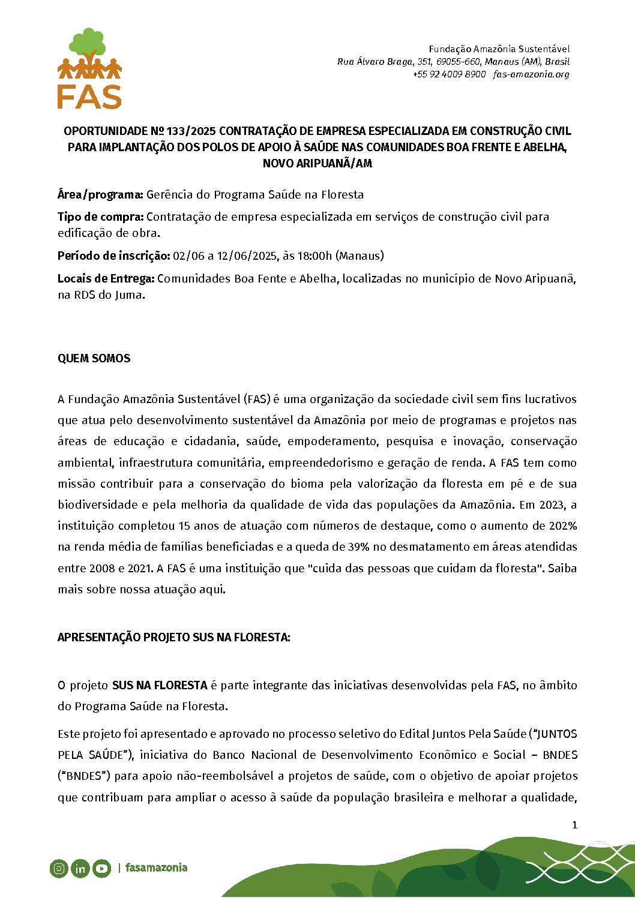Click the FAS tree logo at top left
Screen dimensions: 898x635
[89, 68]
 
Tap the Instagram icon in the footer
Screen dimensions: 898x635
[59, 868]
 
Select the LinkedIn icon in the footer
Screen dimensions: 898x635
[80, 868]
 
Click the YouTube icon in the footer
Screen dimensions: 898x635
[101, 868]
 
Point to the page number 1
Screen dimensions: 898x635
[574, 825]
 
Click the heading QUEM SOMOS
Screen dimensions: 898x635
[94, 358]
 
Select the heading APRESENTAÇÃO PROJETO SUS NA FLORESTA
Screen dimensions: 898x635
[173, 637]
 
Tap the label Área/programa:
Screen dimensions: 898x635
[100, 194]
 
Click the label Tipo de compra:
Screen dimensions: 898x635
[100, 217]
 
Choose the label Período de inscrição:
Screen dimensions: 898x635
[113, 256]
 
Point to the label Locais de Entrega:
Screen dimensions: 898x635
[106, 278]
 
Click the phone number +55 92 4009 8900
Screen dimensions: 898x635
[449, 74]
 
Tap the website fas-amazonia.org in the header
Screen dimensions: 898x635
[531, 74]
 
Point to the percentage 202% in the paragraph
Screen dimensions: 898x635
[563, 525]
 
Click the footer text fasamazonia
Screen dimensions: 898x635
[156, 867]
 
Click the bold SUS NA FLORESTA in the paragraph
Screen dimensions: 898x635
[160, 685]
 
